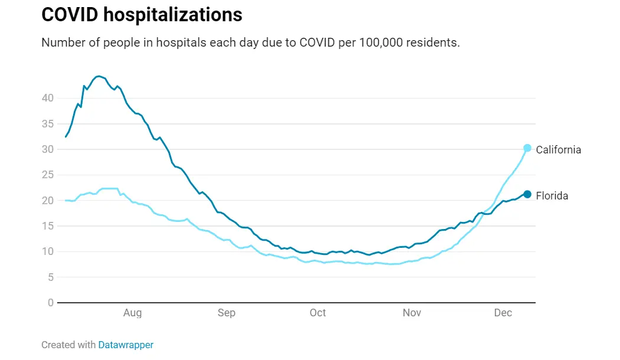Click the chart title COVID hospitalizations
(x=142, y=15)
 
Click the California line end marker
(x=527, y=148)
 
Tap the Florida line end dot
(x=527, y=194)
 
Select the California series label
(x=558, y=150)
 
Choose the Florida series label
(x=552, y=196)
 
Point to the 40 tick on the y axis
(x=47, y=98)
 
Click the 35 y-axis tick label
(x=47, y=124)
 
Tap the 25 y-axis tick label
(x=47, y=175)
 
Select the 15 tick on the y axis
(x=47, y=226)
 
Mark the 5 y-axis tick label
(x=50, y=277)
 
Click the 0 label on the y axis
(x=51, y=303)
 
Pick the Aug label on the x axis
(x=133, y=313)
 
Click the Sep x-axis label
(x=227, y=313)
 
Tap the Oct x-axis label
(x=318, y=313)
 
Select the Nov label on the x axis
(x=412, y=313)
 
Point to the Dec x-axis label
(x=503, y=313)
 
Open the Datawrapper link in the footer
(x=126, y=345)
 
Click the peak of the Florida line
(x=99, y=76)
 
